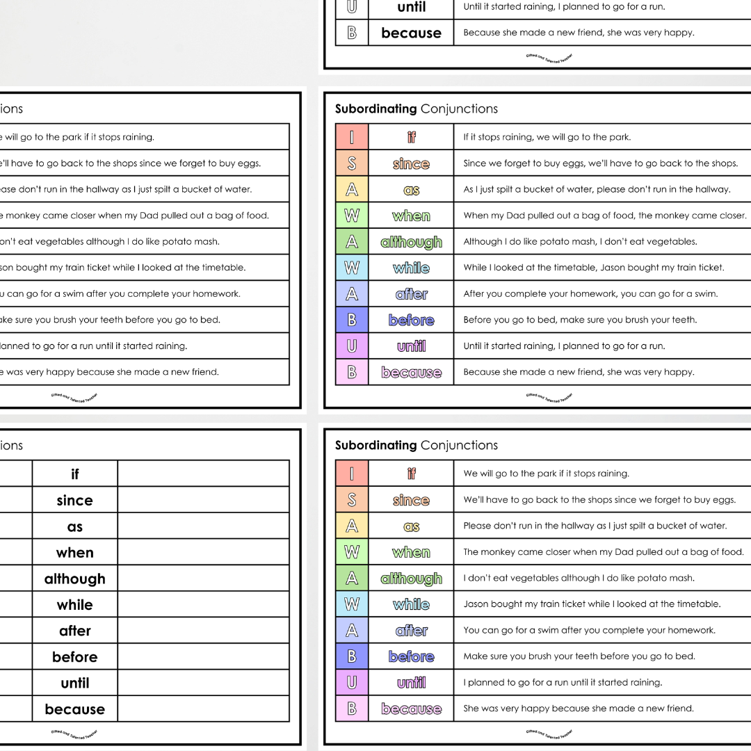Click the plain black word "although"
[75, 579]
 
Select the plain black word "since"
[75, 500]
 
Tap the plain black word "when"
[75, 553]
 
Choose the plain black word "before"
[75, 657]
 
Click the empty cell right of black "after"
[203, 631]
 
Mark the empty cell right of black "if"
[203, 474]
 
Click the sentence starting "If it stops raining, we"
[547, 137]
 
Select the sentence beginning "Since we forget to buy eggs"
[599, 163]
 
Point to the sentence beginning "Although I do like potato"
[580, 241]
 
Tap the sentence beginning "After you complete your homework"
[590, 293]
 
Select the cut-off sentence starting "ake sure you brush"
[109, 320]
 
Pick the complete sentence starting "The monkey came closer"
[603, 552]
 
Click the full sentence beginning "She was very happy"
[579, 709]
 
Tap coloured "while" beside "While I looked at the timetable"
[411, 268]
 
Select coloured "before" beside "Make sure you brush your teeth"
[411, 656]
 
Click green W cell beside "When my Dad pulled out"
[352, 216]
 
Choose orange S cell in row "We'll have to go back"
[352, 500]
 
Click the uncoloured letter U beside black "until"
[352, 7]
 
